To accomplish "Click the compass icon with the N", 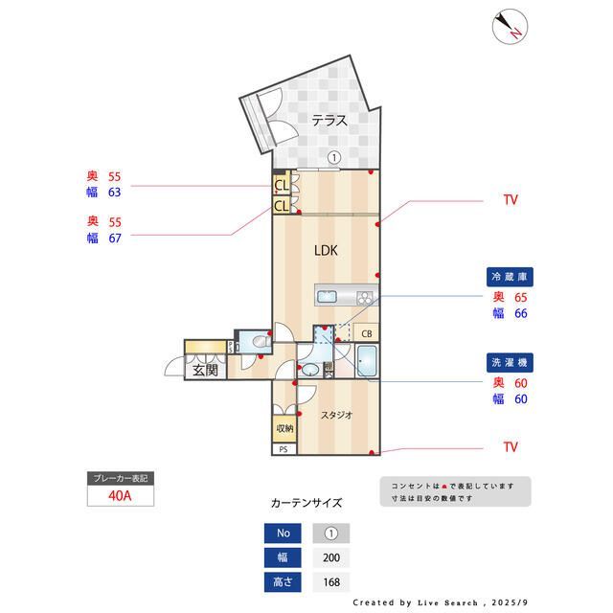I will (511, 27).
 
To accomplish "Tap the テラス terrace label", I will (328, 120).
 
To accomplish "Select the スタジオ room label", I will (336, 415).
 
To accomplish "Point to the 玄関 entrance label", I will (205, 370).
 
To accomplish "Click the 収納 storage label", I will (284, 428).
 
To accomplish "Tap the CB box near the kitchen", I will (367, 332).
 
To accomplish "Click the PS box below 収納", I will (284, 448).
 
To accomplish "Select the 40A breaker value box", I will (121, 496).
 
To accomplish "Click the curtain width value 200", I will (331, 557).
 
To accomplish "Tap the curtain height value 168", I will (331, 581).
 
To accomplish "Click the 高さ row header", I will (282, 581).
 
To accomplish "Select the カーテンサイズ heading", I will (306, 502).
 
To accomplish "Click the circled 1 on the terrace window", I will (333, 158).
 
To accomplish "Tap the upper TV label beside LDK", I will (511, 200).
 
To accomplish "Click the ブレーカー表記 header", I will (121, 478).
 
